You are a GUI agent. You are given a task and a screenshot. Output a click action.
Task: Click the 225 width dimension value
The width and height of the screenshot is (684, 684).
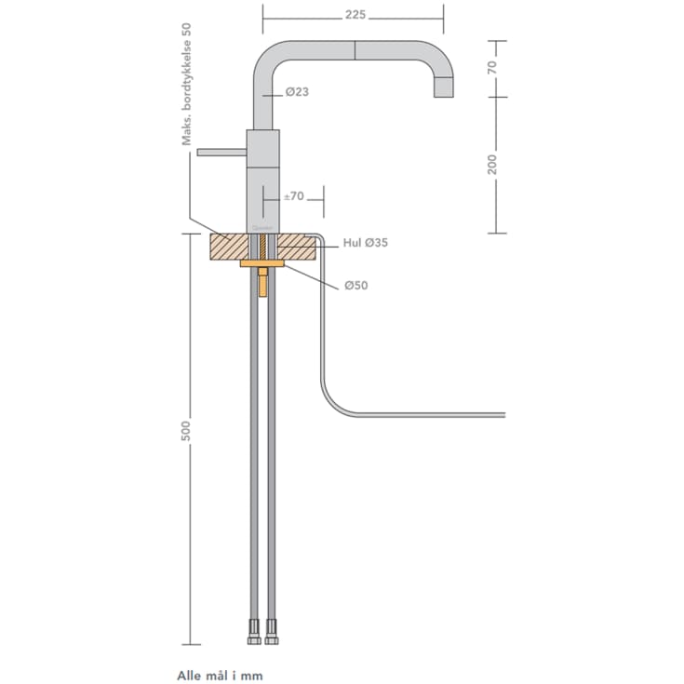[354, 15]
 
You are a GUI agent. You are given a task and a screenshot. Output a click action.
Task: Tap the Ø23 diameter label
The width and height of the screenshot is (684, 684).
[297, 92]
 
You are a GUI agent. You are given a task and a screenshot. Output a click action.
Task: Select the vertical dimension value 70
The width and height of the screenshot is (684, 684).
[492, 67]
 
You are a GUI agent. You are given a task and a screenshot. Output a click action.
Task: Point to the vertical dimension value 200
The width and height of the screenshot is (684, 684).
[492, 164]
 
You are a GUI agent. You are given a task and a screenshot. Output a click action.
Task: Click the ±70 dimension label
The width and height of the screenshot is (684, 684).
[293, 196]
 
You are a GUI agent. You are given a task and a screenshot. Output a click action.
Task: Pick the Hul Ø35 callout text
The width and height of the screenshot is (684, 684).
[366, 243]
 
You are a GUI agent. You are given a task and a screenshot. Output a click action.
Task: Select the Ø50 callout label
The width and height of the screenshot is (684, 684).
[355, 286]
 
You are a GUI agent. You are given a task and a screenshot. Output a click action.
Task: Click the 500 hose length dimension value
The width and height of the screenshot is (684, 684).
[185, 432]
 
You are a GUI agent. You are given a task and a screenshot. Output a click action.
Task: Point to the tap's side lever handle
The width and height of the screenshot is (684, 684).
[221, 150]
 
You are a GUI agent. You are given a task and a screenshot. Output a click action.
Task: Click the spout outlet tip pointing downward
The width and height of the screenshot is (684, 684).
[444, 93]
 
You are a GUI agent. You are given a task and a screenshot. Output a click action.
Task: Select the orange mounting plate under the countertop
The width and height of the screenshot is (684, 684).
[263, 263]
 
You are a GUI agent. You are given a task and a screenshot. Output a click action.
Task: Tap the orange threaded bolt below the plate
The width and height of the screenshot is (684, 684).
[263, 282]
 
